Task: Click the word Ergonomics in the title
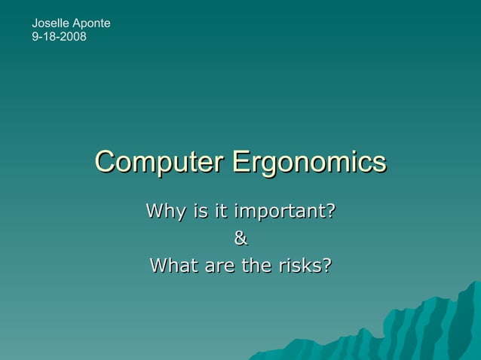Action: pyautogui.click(x=309, y=163)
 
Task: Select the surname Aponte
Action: pyautogui.click(x=90, y=23)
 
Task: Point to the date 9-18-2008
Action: pyautogui.click(x=59, y=36)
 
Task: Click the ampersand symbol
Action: pyautogui.click(x=240, y=238)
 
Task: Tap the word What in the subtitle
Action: pyautogui.click(x=173, y=265)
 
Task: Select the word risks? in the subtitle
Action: pyautogui.click(x=305, y=265)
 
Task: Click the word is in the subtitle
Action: pyautogui.click(x=201, y=210)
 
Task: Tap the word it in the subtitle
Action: pyautogui.click(x=221, y=210)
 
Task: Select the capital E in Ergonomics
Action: pyautogui.click(x=241, y=162)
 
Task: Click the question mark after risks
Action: pyautogui.click(x=326, y=265)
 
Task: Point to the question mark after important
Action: pyautogui.click(x=330, y=210)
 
